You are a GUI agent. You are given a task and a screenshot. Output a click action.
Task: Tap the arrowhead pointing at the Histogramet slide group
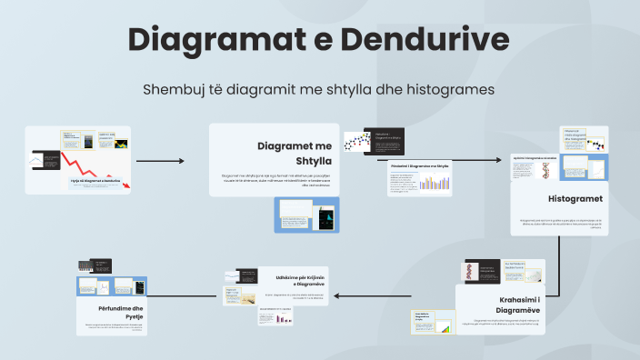(x=499, y=160)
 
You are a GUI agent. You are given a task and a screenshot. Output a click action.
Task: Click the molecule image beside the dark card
(x=356, y=141)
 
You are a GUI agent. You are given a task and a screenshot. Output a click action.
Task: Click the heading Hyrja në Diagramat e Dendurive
(x=95, y=181)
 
